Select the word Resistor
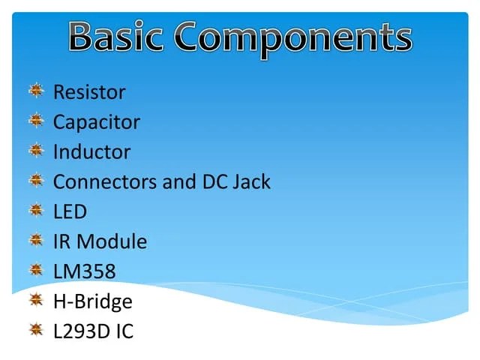click(89, 92)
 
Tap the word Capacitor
click(96, 122)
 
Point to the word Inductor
click(91, 152)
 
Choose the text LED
click(70, 211)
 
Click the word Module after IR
click(112, 241)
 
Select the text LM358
click(84, 271)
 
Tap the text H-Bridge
click(92, 301)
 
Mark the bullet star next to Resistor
click(36, 91)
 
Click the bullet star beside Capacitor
click(36, 121)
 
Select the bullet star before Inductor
click(36, 151)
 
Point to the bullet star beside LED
click(36, 210)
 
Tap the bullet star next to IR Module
click(36, 240)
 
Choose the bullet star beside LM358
click(36, 270)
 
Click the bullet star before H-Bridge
click(36, 300)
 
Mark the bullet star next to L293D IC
click(36, 330)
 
